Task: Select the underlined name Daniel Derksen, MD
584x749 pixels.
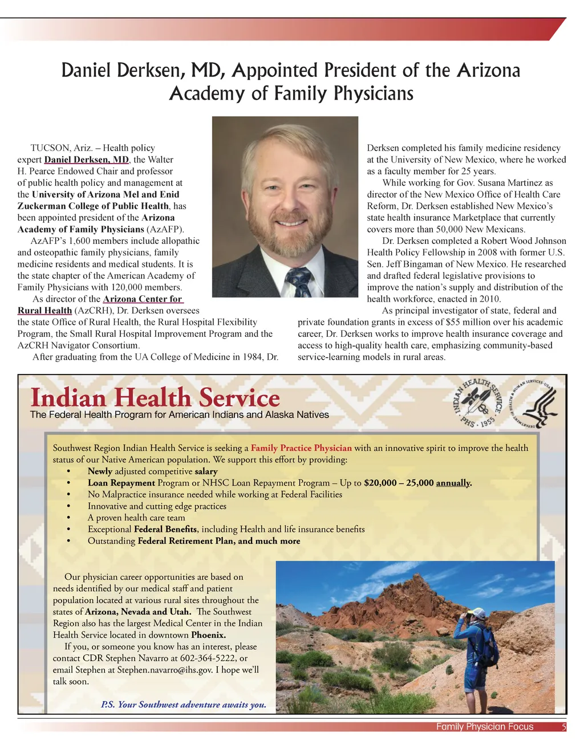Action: click(x=87, y=160)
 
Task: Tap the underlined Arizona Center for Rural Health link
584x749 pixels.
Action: click(x=143, y=299)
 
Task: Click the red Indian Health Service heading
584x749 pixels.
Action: click(x=155, y=397)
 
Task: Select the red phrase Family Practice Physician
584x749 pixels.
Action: click(x=301, y=448)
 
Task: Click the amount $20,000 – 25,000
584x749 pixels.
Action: click(x=399, y=483)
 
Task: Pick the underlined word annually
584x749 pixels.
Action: click(x=454, y=483)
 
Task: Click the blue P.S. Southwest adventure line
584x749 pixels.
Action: click(x=184, y=705)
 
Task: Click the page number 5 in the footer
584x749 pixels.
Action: click(x=563, y=727)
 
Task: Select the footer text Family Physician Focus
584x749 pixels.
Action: click(x=485, y=727)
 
